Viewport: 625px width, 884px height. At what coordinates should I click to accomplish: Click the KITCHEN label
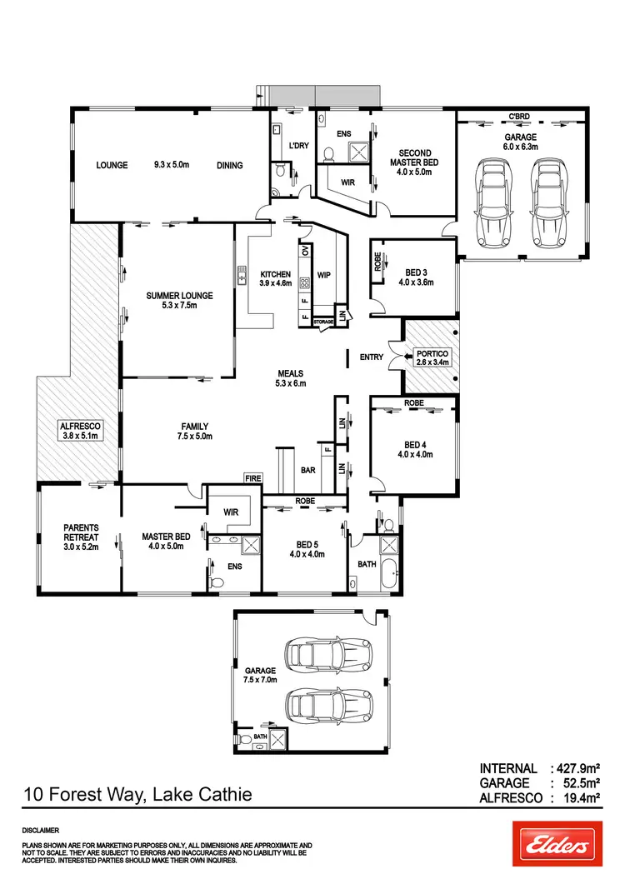point(275,274)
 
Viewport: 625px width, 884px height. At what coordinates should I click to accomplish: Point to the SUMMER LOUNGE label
point(179,295)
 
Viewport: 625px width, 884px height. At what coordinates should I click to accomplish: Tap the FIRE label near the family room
point(252,478)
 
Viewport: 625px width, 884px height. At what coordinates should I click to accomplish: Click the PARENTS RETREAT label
point(81,532)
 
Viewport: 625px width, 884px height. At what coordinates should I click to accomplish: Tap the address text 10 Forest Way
point(138,795)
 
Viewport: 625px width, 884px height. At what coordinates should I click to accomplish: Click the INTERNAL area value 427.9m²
point(576,768)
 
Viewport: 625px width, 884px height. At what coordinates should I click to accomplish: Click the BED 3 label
point(414,272)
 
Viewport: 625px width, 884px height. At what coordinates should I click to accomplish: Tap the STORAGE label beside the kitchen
point(323,321)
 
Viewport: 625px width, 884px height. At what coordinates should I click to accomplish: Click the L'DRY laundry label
point(298,147)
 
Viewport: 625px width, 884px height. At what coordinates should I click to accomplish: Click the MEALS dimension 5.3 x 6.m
point(291,383)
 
